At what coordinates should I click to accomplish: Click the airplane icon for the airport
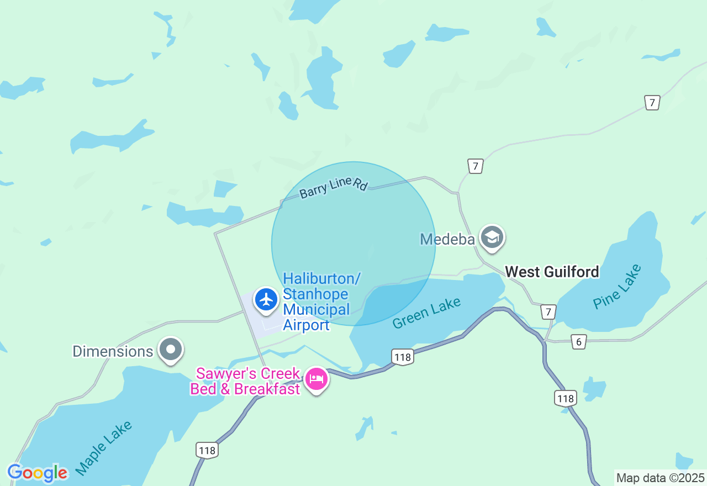(x=267, y=300)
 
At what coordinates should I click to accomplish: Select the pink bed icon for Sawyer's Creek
(x=316, y=379)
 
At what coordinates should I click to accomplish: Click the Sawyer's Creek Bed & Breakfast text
(x=246, y=382)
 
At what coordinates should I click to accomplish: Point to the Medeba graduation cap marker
(x=492, y=238)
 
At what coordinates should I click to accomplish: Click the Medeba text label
(x=447, y=239)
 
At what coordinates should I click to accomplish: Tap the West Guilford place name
(x=552, y=272)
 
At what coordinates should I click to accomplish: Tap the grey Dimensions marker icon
(x=171, y=350)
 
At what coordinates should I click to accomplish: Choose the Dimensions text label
(x=113, y=351)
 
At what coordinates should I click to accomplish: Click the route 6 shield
(x=578, y=342)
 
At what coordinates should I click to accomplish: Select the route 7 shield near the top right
(x=652, y=102)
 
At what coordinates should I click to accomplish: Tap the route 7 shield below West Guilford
(x=548, y=311)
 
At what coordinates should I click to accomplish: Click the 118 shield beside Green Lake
(x=403, y=357)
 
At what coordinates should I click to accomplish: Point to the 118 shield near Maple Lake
(x=207, y=450)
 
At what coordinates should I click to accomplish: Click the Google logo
(x=38, y=473)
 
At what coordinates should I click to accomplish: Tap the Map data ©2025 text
(x=660, y=478)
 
